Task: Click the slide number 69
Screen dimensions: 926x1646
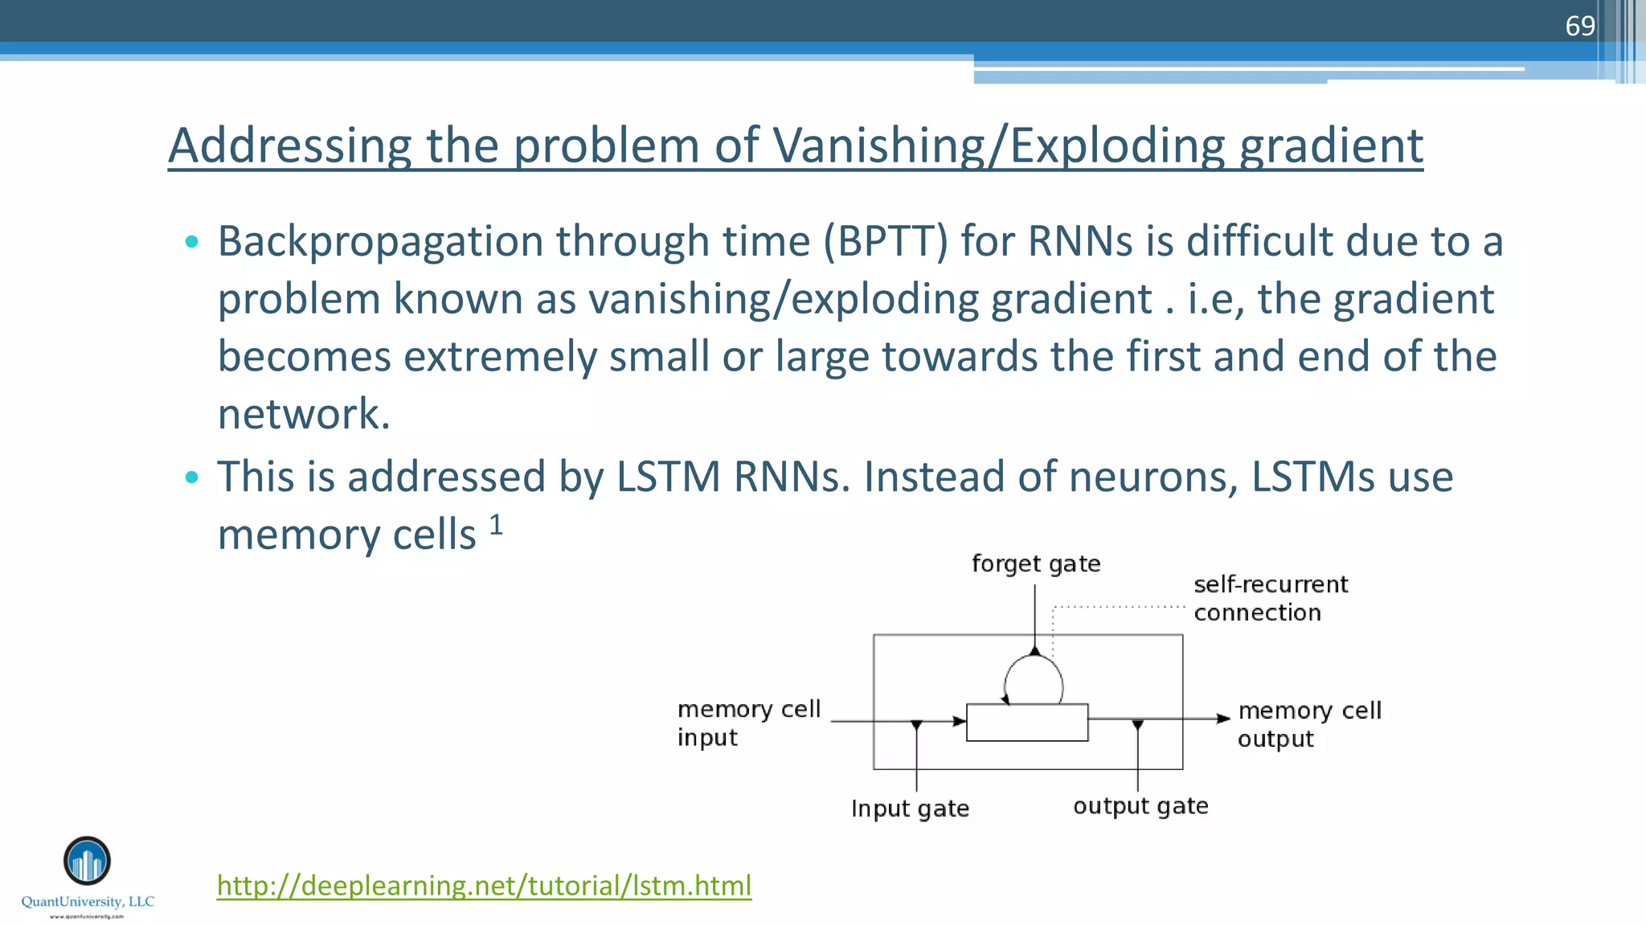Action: point(1579,26)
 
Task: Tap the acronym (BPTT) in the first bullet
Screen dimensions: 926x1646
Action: point(886,241)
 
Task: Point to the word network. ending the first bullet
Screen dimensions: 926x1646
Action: point(304,414)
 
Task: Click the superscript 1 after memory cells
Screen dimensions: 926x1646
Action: point(496,525)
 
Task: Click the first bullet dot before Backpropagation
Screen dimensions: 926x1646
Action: point(191,241)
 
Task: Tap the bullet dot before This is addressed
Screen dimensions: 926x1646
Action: point(191,477)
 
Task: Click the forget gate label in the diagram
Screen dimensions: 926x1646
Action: point(1035,563)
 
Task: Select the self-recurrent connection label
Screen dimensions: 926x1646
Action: point(1270,598)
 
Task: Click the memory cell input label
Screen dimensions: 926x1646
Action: point(747,723)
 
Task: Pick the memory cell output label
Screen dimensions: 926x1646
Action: point(1308,724)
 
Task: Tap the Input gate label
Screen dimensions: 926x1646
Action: point(909,808)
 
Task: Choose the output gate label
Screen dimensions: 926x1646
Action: point(1140,805)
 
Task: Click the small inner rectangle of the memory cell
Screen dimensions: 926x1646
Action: point(1026,722)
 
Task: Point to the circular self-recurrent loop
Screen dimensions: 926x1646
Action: point(1034,680)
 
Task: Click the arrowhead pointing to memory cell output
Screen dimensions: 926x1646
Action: point(1222,719)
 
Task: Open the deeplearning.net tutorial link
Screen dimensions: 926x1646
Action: point(484,885)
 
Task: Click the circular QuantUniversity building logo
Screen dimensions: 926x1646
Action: point(87,861)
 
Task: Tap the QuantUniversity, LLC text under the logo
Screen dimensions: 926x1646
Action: point(88,902)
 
